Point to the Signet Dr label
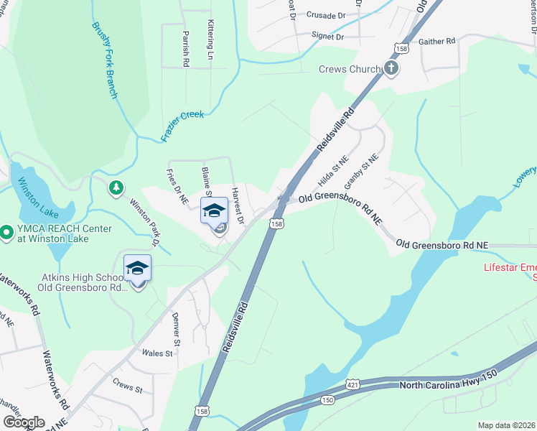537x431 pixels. [x=327, y=36]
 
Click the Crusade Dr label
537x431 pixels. [x=325, y=14]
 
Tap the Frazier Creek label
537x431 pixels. [x=182, y=126]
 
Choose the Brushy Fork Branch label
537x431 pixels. [x=105, y=60]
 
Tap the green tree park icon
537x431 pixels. [x=115, y=188]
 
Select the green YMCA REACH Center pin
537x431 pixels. [x=6, y=233]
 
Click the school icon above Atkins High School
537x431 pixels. [x=137, y=269]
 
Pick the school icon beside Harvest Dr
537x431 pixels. [x=213, y=211]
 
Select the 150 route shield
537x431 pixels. [x=327, y=400]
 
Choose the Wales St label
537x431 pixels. [x=157, y=353]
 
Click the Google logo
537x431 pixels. [x=24, y=422]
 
